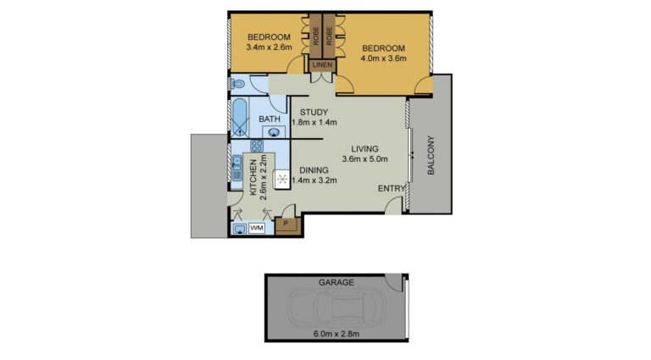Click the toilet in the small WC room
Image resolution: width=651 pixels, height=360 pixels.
point(238,84)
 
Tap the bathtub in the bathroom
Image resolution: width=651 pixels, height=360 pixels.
point(240,117)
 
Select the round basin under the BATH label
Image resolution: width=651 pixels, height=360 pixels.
point(274,132)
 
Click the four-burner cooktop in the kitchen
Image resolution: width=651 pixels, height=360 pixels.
point(257,146)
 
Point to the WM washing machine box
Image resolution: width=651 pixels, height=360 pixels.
point(257,228)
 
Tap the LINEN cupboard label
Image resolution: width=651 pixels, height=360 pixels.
point(322,64)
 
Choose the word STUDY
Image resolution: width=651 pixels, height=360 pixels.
point(314,112)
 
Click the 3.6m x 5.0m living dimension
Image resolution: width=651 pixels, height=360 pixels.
point(364,159)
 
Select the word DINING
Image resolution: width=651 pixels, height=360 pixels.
point(314,170)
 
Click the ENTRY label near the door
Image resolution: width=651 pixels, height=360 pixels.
point(391,189)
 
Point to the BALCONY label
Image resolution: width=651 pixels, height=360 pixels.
point(431,155)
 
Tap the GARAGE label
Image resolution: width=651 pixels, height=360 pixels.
point(337,282)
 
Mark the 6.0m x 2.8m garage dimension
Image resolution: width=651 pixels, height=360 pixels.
point(337,334)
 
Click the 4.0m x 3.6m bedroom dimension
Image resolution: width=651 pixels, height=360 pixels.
point(383,58)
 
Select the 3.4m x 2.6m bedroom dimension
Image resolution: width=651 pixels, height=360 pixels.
point(269,47)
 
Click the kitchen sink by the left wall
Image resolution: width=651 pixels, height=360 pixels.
point(236,168)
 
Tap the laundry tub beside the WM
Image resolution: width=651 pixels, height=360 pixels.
point(240,229)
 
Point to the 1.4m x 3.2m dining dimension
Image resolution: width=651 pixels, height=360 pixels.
point(314,180)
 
